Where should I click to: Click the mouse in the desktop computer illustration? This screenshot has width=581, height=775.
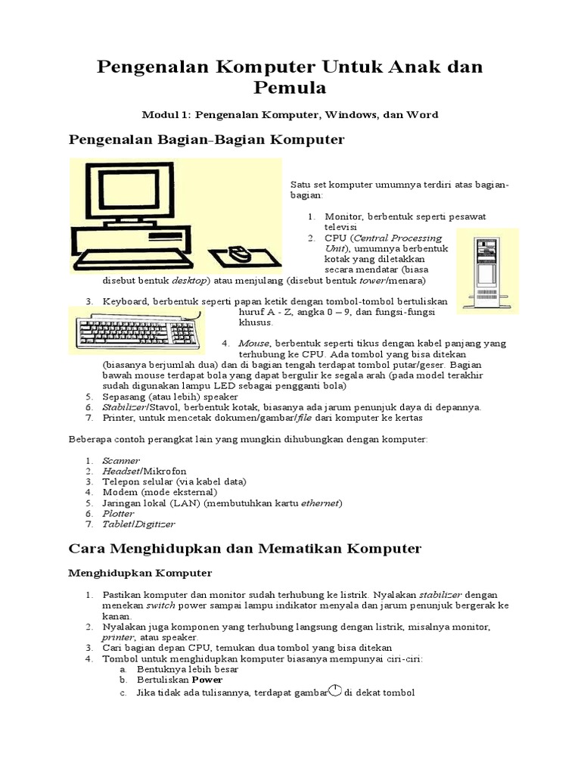(x=241, y=254)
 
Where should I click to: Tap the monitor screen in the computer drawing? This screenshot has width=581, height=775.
(x=134, y=194)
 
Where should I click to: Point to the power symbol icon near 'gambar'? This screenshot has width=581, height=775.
(x=335, y=691)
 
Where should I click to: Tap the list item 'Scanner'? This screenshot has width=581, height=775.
(x=121, y=460)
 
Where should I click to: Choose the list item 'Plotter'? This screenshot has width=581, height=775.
(x=119, y=513)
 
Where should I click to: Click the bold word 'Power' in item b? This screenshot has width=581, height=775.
(x=207, y=680)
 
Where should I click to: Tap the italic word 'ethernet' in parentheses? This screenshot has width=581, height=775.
(x=321, y=503)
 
